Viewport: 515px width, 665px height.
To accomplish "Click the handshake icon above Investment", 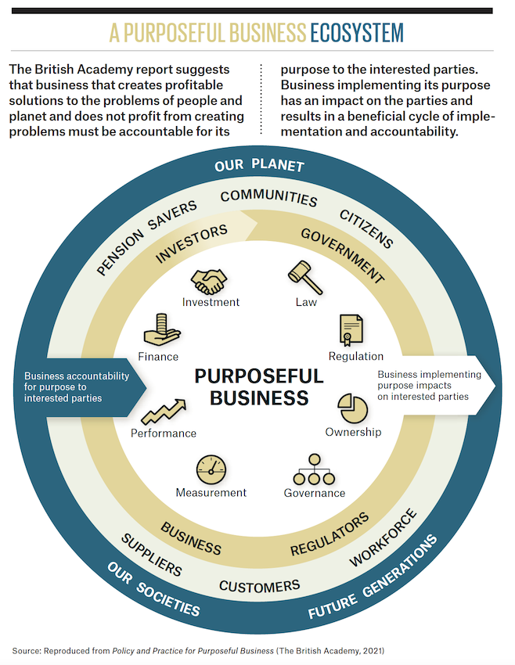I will point(210,280).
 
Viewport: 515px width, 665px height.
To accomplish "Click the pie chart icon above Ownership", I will point(353,408).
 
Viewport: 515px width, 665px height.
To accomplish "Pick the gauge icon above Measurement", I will point(211,469).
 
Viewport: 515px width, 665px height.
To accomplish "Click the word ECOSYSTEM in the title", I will point(357,32).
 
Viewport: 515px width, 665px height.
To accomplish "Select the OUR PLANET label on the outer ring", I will point(260,166).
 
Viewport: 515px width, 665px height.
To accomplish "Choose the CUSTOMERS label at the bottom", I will point(259,585).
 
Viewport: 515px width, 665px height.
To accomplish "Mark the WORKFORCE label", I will point(383,539).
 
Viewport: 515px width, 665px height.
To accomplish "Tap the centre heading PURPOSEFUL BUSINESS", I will point(258,386).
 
